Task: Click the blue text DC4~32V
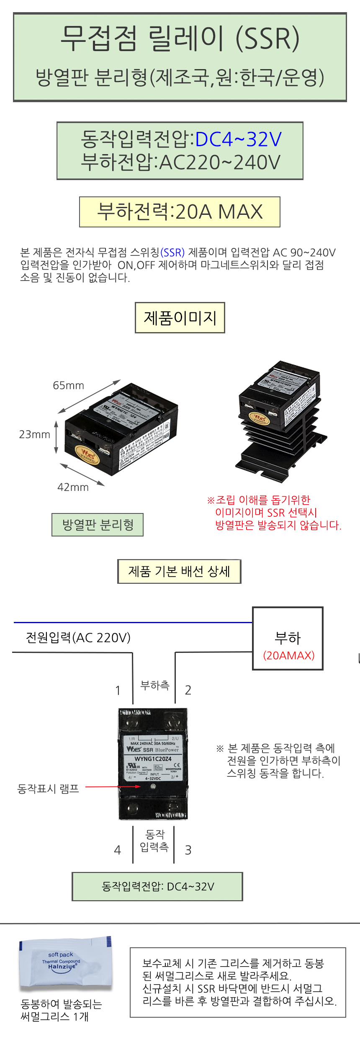(x=238, y=139)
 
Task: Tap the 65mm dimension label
(x=68, y=385)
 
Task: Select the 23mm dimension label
(x=34, y=434)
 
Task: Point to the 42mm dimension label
(x=73, y=487)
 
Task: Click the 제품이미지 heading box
(x=180, y=318)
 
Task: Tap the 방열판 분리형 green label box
(x=98, y=525)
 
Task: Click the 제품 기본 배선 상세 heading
(x=179, y=571)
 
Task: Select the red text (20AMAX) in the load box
(x=288, y=655)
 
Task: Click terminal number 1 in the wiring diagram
(x=118, y=690)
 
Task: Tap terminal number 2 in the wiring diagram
(x=188, y=690)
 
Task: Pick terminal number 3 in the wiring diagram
(x=188, y=850)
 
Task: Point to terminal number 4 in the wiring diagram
(x=118, y=850)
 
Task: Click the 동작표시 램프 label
(x=48, y=789)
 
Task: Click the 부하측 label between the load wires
(x=154, y=685)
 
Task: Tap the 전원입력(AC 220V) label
(x=78, y=637)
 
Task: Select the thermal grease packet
(x=66, y=963)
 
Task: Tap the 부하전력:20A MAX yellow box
(x=180, y=212)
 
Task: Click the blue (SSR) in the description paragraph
(x=172, y=253)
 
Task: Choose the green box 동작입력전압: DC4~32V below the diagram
(x=157, y=887)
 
